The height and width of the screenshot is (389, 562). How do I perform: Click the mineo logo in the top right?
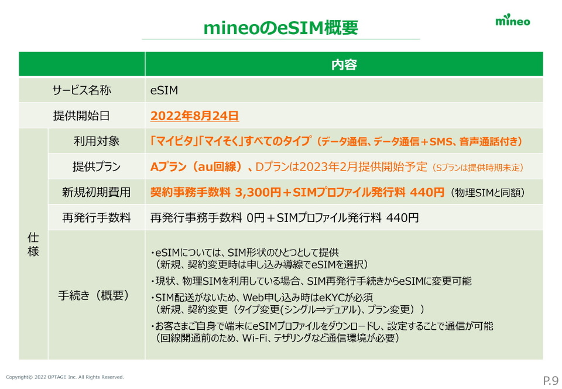(513, 21)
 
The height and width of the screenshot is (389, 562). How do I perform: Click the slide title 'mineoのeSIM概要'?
(280, 27)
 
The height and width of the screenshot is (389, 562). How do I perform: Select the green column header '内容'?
(344, 64)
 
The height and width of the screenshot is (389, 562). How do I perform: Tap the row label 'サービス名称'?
(81, 90)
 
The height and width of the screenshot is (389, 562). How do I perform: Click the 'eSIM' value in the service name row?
(164, 90)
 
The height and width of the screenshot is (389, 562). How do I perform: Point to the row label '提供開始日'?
(81, 116)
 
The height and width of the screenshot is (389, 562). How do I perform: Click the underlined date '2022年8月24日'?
(194, 116)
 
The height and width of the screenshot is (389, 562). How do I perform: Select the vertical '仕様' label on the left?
(33, 244)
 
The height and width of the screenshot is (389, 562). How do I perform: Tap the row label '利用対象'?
(97, 141)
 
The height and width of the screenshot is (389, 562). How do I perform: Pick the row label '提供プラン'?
(97, 167)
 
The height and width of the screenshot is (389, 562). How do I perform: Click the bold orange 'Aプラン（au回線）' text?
(197, 167)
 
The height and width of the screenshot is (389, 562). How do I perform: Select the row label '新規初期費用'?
(97, 192)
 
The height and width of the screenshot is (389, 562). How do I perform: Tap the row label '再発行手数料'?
(97, 218)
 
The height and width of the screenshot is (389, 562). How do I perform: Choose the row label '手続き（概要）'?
(97, 295)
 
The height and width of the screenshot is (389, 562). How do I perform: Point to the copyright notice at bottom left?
(65, 377)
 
